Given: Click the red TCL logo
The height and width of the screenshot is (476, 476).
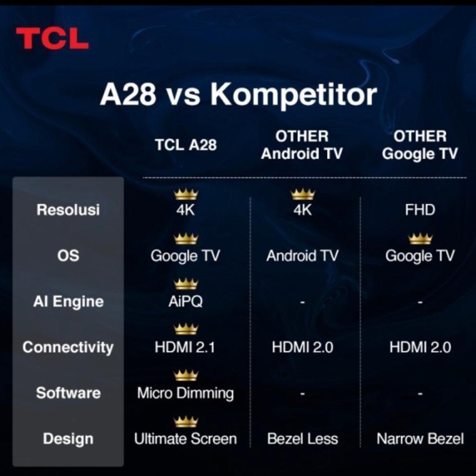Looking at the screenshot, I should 52,39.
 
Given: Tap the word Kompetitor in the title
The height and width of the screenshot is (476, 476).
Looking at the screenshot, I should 293,95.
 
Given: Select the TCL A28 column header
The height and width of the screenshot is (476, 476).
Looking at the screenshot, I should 186,145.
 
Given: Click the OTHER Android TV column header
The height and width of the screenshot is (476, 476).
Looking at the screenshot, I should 302,145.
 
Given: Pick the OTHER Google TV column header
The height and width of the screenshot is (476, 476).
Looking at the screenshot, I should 420,145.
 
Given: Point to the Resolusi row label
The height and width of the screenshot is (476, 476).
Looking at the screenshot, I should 68,209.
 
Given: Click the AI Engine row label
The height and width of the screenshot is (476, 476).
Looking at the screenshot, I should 68,301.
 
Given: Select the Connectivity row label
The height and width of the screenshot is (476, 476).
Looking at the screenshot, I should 68,347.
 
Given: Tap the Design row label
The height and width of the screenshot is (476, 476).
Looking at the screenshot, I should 68,439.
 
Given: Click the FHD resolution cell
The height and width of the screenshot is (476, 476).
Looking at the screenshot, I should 420,210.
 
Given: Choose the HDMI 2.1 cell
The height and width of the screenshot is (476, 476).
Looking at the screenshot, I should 186,347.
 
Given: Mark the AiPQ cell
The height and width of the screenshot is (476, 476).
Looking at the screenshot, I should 186,301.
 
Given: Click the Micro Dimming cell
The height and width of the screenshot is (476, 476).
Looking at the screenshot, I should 186,393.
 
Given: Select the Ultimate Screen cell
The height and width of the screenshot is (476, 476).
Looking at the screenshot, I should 186,439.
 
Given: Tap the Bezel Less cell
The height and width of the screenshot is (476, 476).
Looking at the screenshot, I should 303,439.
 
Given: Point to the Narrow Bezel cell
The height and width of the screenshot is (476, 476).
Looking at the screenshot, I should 420,439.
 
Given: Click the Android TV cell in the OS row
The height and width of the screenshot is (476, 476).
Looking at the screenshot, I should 303,256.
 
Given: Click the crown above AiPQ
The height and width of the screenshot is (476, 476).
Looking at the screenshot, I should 186,284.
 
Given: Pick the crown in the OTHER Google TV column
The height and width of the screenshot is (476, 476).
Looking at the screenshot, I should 420,239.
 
